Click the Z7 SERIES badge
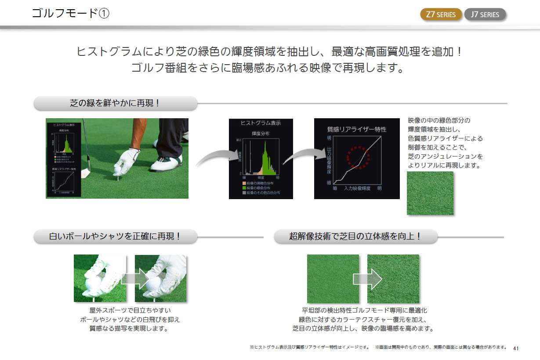coord(441,14)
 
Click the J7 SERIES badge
coord(485,14)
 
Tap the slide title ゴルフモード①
coord(70,13)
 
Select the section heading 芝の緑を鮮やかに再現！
coord(115,104)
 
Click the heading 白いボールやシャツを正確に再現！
coord(115,236)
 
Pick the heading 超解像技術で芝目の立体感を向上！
coord(355,236)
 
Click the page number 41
coord(516,348)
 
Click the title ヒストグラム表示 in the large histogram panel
coord(261,123)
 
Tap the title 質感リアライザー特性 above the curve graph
coord(357,129)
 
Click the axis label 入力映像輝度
coord(357,189)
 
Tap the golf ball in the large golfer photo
coord(118,167)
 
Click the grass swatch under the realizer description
coord(430,193)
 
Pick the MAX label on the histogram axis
coord(239,140)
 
